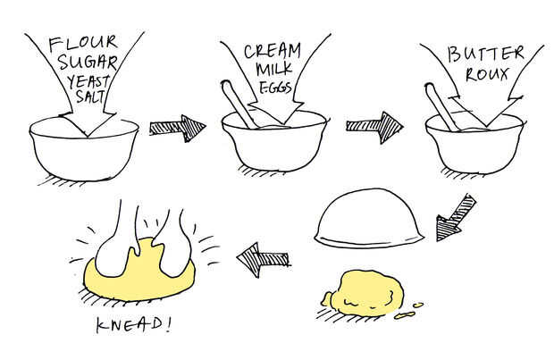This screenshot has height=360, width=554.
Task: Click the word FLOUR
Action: click(83, 43)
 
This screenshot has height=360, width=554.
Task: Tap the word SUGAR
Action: click(87, 63)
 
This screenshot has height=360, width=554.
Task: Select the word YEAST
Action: click(88, 83)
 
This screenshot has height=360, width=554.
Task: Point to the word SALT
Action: click(90, 96)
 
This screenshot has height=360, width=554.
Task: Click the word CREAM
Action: click(273, 52)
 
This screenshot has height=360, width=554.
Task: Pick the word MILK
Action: click(274, 69)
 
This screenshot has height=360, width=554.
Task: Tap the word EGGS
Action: click(275, 88)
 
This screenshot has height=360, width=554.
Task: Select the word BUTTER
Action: click(485, 54)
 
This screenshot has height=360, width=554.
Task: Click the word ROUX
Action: click(487, 74)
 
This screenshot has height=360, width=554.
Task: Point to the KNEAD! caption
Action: click(133, 324)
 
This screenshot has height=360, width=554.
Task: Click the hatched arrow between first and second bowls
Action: click(177, 129)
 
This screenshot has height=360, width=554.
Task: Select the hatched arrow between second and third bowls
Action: click(374, 128)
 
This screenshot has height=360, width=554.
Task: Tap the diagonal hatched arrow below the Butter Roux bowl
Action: click(454, 219)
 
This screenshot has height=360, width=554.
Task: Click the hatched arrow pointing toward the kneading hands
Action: click(264, 260)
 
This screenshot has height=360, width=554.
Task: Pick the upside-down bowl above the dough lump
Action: click(369, 218)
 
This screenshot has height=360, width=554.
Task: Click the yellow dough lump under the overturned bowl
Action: click(367, 294)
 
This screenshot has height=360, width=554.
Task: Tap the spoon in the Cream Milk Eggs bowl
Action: click(239, 104)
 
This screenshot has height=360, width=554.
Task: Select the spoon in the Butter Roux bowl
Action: click(441, 106)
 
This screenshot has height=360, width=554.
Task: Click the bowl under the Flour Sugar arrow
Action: click(84, 148)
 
